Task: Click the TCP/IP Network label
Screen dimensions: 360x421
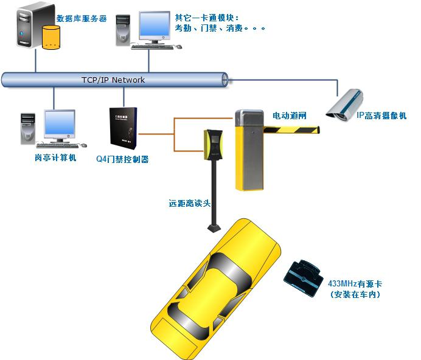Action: pyautogui.click(x=114, y=80)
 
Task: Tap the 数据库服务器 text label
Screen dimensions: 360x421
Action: pyautogui.click(x=81, y=19)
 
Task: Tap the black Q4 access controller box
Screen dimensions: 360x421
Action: pyautogui.click(x=122, y=130)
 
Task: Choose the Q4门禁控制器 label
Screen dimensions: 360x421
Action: pyautogui.click(x=122, y=160)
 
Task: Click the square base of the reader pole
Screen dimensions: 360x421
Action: pyautogui.click(x=214, y=229)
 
